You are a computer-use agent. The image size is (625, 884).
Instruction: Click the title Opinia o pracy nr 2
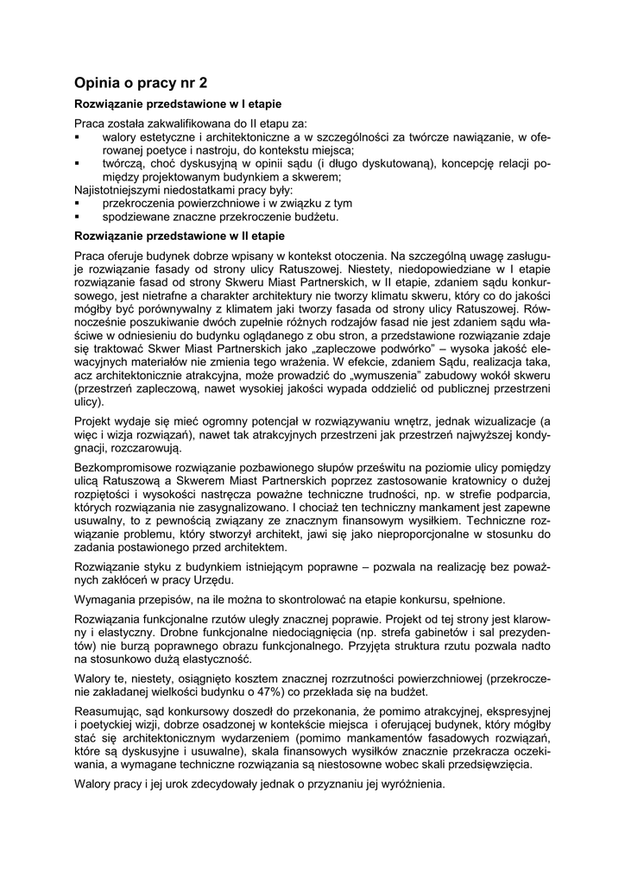click(141, 84)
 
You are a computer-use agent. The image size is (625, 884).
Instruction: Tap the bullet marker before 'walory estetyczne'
click(78, 136)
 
